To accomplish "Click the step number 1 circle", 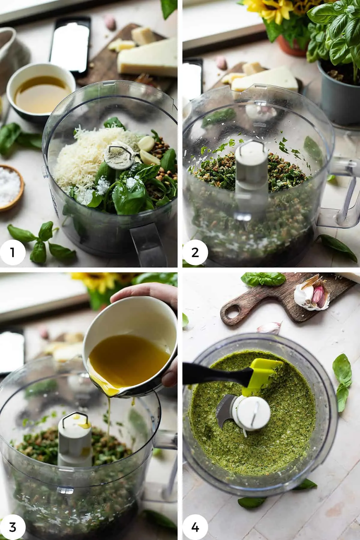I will pyautogui.click(x=13, y=253).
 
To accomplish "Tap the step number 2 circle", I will pyautogui.click(x=195, y=253).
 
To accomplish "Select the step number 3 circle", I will pyautogui.click(x=13, y=527).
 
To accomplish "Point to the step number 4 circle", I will pyautogui.click(x=195, y=527).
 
